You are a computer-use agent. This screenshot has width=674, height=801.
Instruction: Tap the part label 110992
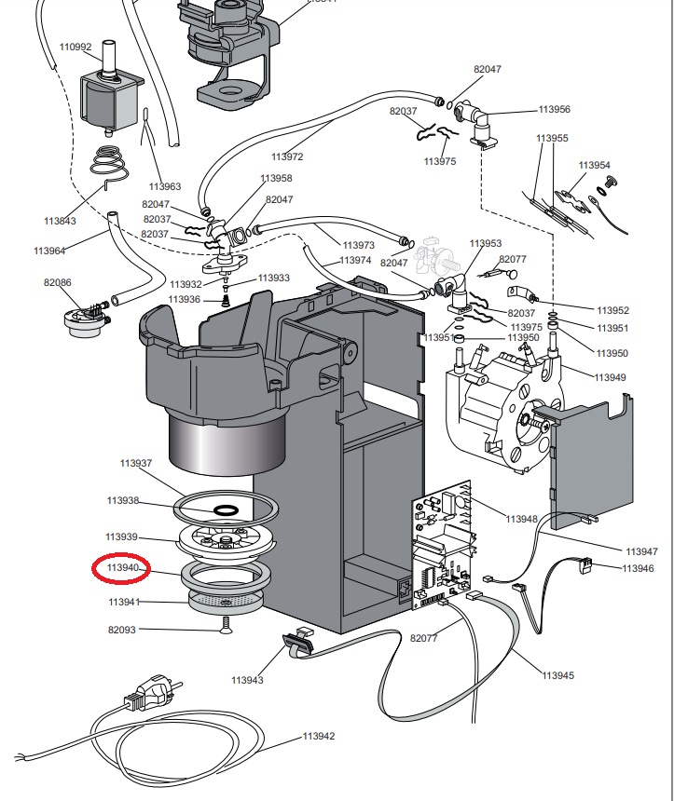[76, 47]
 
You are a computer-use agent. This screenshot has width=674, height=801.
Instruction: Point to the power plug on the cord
[148, 693]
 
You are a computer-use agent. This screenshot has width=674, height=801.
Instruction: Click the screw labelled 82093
[226, 628]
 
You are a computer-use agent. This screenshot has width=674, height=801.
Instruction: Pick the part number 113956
[554, 109]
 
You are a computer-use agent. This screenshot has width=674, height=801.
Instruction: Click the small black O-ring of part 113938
[226, 509]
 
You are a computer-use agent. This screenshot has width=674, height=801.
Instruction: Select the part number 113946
[638, 567]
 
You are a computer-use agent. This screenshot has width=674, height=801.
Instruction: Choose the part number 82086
[57, 281]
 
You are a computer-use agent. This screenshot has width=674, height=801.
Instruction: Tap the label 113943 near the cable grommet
[248, 680]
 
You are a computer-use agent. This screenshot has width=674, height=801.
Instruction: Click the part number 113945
[558, 674]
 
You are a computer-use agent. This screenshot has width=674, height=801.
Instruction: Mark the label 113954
[594, 165]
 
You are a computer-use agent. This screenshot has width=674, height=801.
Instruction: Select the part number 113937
[135, 463]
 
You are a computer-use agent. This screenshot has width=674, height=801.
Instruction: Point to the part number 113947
[641, 551]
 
